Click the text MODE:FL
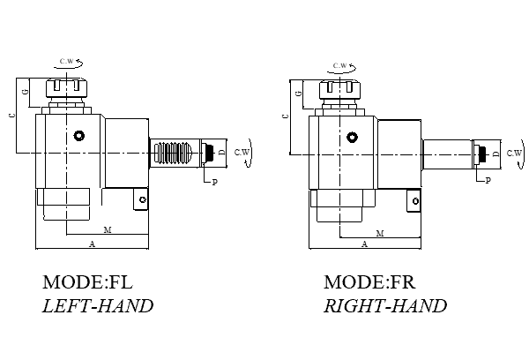click(x=86, y=283)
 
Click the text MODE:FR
click(x=369, y=283)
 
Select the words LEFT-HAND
click(x=98, y=306)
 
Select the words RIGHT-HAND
click(x=384, y=306)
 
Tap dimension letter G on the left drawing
click(x=26, y=92)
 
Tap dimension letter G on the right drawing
click(x=300, y=92)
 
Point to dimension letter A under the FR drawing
click(x=365, y=243)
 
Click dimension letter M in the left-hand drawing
click(x=107, y=230)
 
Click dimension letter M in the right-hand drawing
click(x=380, y=233)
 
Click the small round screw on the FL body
click(x=79, y=136)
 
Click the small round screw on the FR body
click(x=353, y=137)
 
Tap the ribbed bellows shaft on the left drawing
click(x=175, y=153)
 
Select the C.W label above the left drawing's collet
click(x=67, y=61)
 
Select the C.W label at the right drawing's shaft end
click(x=514, y=152)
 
